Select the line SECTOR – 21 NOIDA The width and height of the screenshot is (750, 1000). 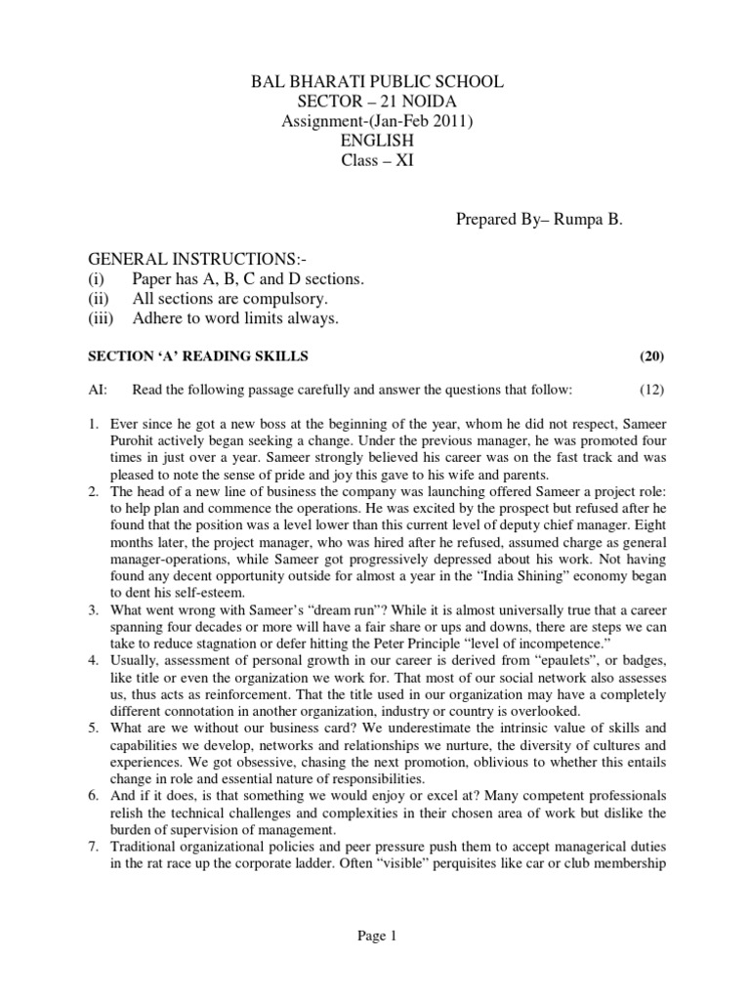click(375, 102)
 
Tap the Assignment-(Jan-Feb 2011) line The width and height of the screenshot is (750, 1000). click(375, 120)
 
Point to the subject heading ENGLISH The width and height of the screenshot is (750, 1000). click(375, 139)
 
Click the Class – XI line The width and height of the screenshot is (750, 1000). click(375, 157)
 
